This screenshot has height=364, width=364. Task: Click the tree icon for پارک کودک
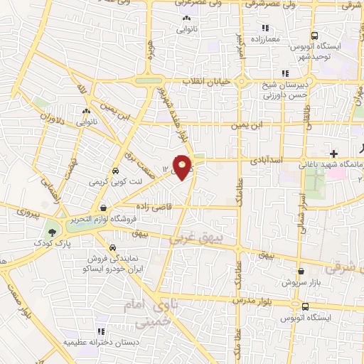52,232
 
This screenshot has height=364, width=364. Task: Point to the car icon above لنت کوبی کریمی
114,171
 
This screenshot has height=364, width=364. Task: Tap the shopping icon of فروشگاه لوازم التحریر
105,208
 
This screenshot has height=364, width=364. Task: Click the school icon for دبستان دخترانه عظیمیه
100,331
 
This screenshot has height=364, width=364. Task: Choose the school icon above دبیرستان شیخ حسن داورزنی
285,73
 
